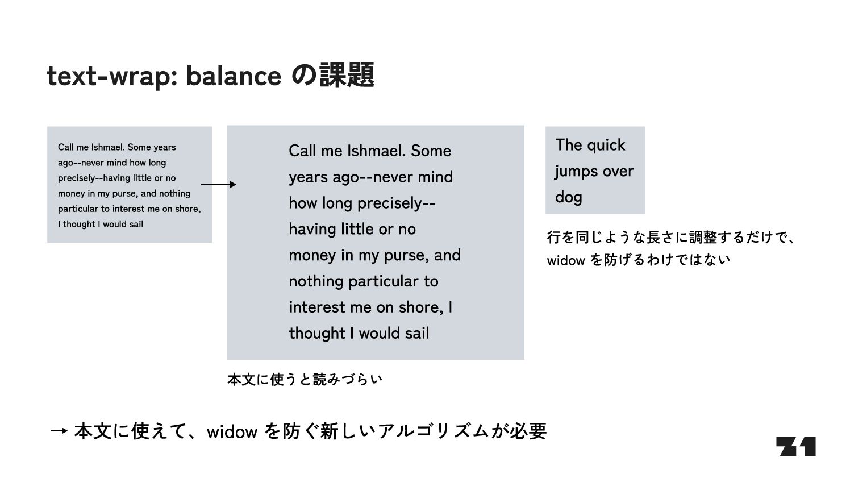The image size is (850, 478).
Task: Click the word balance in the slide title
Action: click(x=234, y=76)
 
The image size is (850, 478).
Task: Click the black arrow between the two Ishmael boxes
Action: click(x=219, y=184)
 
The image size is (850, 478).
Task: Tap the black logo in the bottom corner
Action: click(x=795, y=446)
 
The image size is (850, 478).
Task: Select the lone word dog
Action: click(x=569, y=198)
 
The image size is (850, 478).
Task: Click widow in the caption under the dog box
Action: click(x=566, y=260)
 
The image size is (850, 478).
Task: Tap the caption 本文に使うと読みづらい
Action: click(x=305, y=379)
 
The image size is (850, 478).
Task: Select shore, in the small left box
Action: click(x=187, y=209)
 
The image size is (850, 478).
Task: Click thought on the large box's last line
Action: click(x=317, y=333)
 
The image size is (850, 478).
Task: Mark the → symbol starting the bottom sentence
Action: click(x=59, y=431)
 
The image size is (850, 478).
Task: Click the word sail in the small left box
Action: click(x=136, y=224)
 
